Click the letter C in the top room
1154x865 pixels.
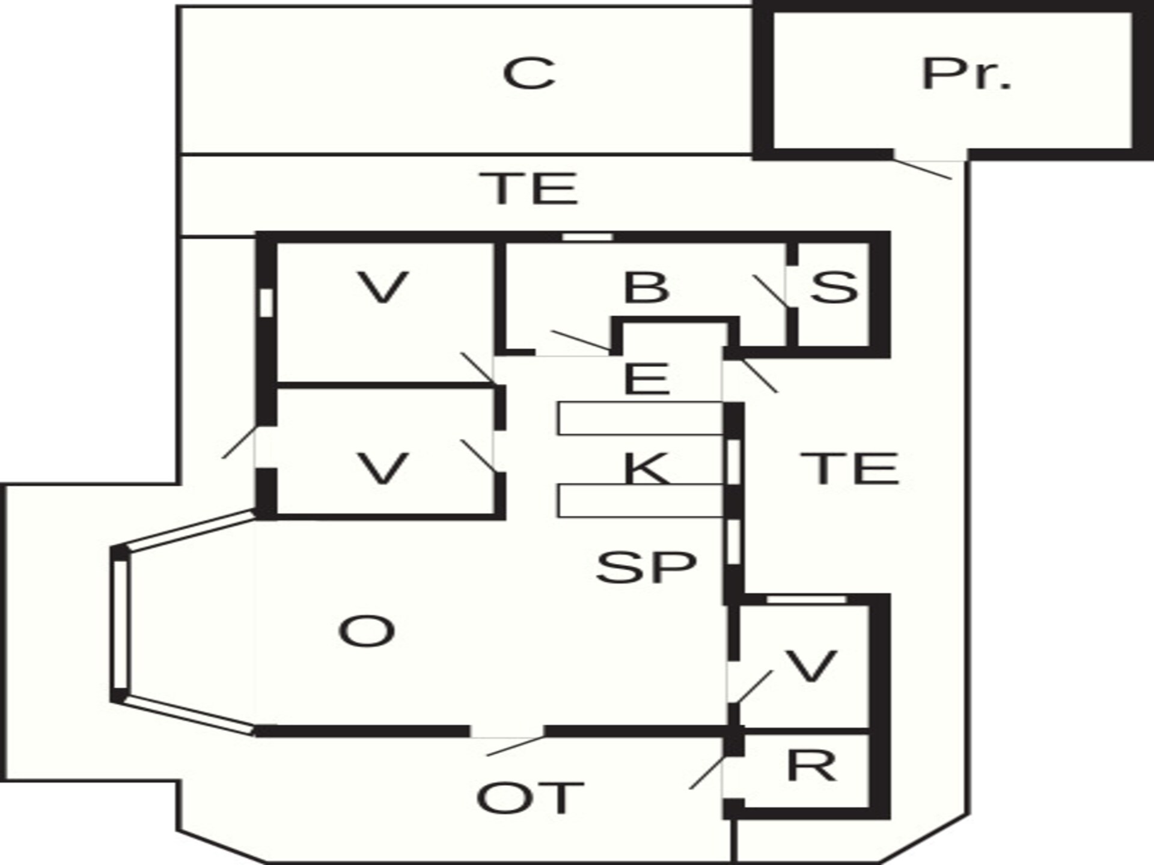coord(529,73)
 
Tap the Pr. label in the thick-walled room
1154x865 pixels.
coord(966,74)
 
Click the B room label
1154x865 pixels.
coord(646,287)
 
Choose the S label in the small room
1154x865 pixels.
coord(834,287)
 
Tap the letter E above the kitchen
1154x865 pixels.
coord(647,378)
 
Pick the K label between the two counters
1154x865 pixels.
coord(647,469)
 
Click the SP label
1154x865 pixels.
coord(646,566)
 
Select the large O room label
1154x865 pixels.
coord(367,631)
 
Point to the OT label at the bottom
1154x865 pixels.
coord(530,798)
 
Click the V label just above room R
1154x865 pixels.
coord(811,666)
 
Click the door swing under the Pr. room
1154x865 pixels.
coord(923,169)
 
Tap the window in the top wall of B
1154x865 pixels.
coord(587,237)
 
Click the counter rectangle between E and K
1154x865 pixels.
coord(640,418)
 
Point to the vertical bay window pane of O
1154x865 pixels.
coord(120,625)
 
